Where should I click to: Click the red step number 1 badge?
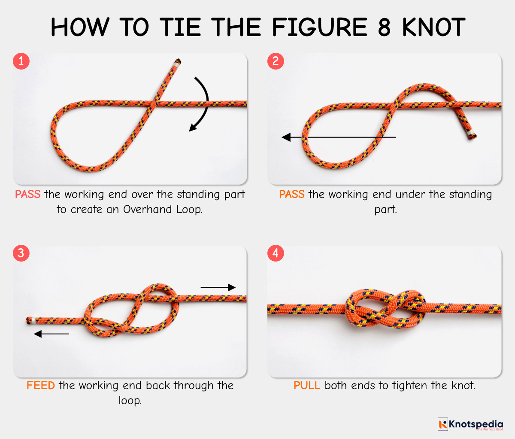coord(21,61)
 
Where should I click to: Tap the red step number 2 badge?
coord(276,61)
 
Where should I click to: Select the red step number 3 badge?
coord(21,253)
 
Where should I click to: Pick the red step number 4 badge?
coord(276,253)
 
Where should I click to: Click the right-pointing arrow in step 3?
coord(218,287)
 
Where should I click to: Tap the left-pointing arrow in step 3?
coord(51,334)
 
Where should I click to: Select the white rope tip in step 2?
coord(472,136)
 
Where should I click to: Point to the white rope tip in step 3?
coord(30,320)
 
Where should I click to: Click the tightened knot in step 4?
coord(385,308)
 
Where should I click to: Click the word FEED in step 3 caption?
coord(41,385)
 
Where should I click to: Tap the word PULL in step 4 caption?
coord(307,385)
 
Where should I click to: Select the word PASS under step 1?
coord(27,194)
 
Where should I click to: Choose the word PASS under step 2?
coord(292,194)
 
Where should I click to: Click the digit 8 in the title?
coord(384,27)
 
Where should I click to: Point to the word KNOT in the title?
coord(433,27)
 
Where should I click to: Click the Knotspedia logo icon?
coord(442,424)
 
